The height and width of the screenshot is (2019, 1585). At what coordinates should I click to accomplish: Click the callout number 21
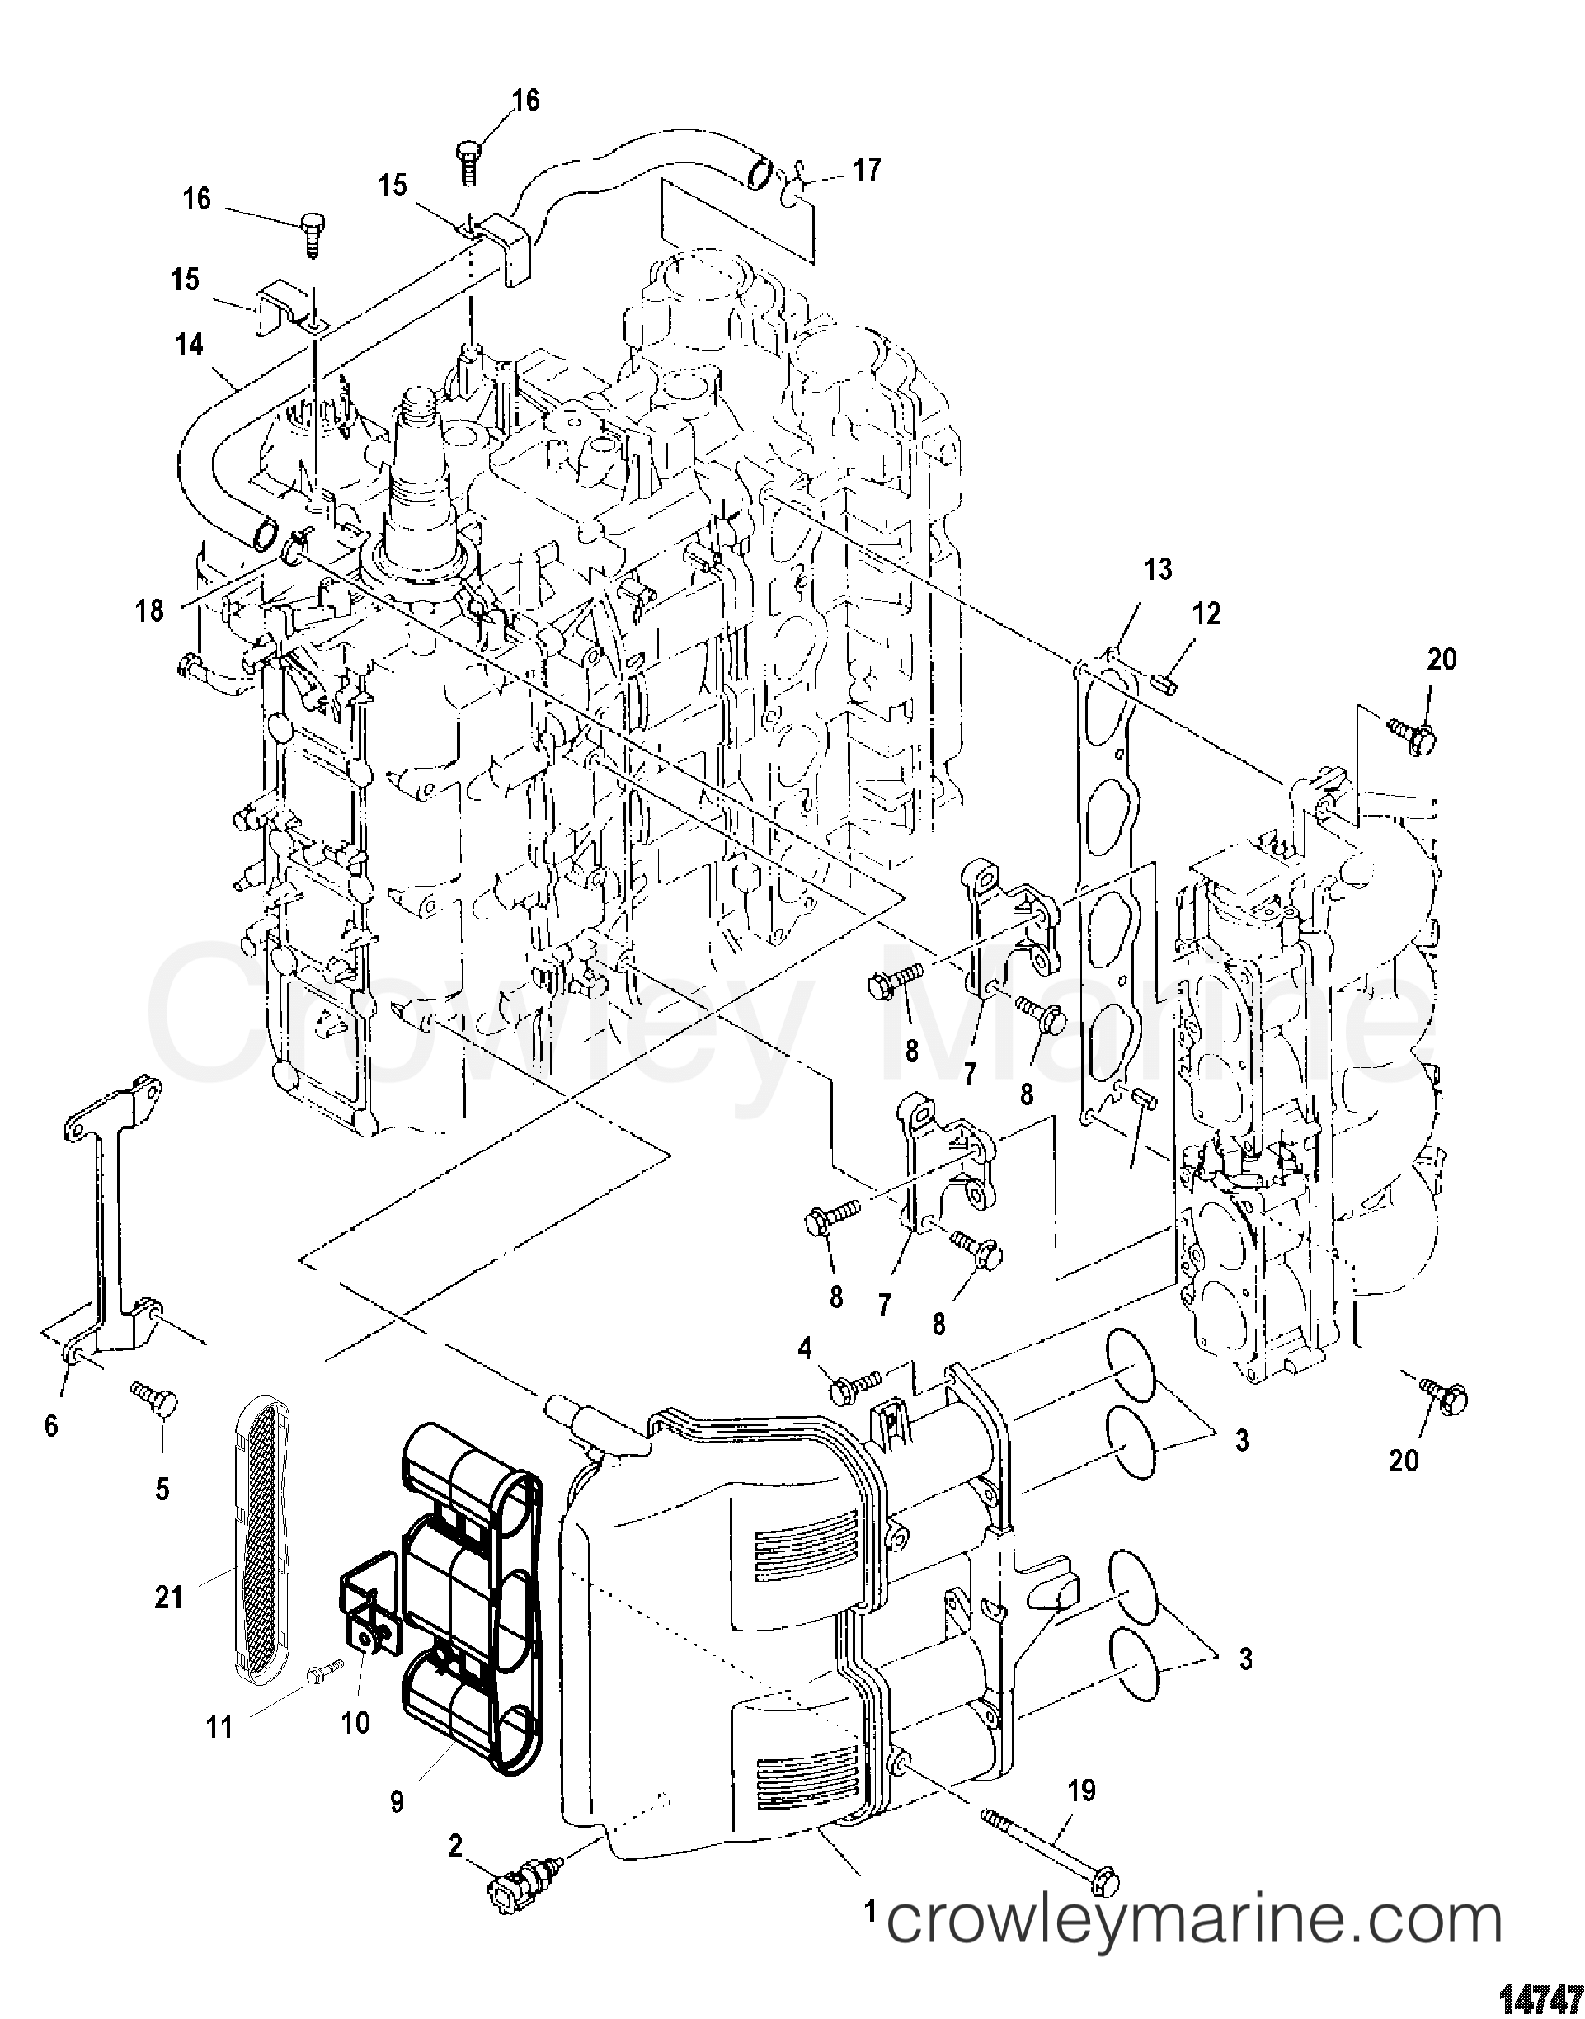coord(169,1598)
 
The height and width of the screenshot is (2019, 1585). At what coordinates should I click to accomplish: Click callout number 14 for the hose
coord(190,345)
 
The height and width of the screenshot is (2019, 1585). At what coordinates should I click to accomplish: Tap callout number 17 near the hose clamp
coord(867,170)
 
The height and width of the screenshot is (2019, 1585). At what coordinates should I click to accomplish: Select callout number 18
coord(149,610)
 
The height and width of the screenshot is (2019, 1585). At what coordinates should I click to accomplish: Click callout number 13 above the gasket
coord(1158,570)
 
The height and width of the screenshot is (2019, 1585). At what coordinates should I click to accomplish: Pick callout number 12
coord(1206,614)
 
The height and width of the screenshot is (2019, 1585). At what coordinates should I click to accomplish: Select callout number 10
coord(355,1723)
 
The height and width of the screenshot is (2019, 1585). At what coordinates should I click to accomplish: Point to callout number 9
coord(397,1803)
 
